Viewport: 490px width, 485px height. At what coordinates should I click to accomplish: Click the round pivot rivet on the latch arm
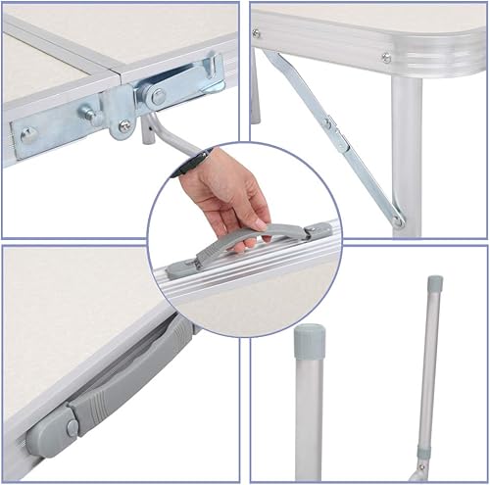[x=157, y=95]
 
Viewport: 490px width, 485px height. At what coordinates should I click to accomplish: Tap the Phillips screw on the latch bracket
[x=124, y=124]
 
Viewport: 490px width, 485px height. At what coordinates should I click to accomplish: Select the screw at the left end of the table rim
[x=257, y=33]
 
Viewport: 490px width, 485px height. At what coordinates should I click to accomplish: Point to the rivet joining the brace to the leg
[x=398, y=220]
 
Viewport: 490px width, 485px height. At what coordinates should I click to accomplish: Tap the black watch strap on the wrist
[x=186, y=161]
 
